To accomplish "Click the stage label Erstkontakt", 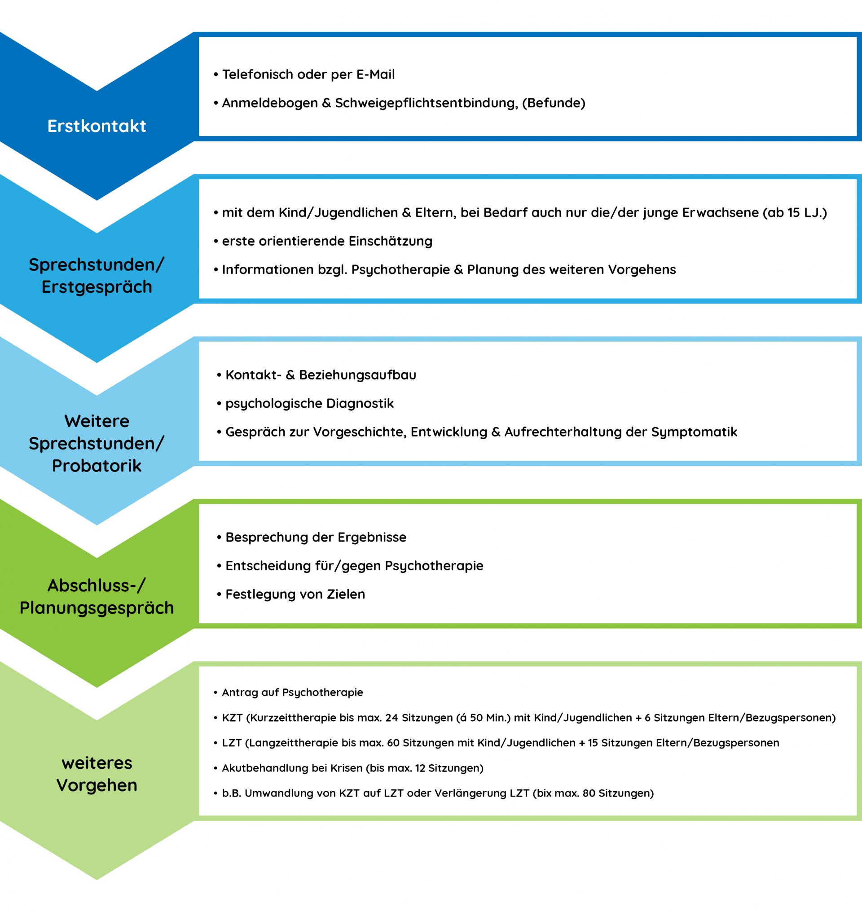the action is point(97,126).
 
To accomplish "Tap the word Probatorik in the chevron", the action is point(97,466).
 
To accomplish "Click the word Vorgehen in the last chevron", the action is point(97,785).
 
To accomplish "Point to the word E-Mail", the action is point(375,75).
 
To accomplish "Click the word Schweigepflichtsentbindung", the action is point(427,103).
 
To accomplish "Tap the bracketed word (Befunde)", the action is point(554,103).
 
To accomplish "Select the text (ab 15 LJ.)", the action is point(795,213).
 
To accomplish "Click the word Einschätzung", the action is point(390,242).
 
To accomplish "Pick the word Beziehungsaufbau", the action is point(357,375).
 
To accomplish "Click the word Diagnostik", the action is point(360,404).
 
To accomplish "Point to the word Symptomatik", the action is point(694,432).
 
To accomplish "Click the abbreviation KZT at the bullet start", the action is point(232,718).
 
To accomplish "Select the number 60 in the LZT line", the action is point(393,743).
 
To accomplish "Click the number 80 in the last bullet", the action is point(589,793).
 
